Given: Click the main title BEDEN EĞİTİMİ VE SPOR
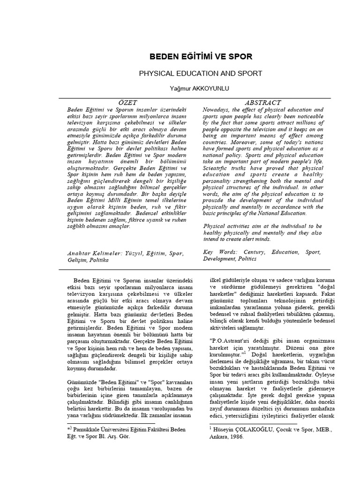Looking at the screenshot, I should (201, 57).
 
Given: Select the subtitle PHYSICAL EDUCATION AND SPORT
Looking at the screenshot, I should (201, 74).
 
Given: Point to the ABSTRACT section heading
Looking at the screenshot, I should (263, 102).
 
